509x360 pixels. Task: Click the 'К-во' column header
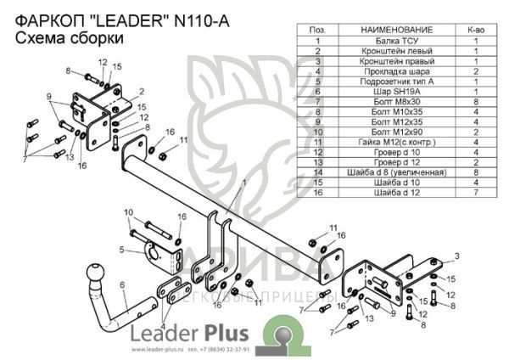click(476, 30)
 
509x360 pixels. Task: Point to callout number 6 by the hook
click(124, 284)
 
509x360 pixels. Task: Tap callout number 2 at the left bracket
click(142, 90)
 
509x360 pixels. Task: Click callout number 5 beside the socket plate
click(123, 249)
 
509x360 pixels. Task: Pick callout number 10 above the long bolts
click(129, 211)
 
